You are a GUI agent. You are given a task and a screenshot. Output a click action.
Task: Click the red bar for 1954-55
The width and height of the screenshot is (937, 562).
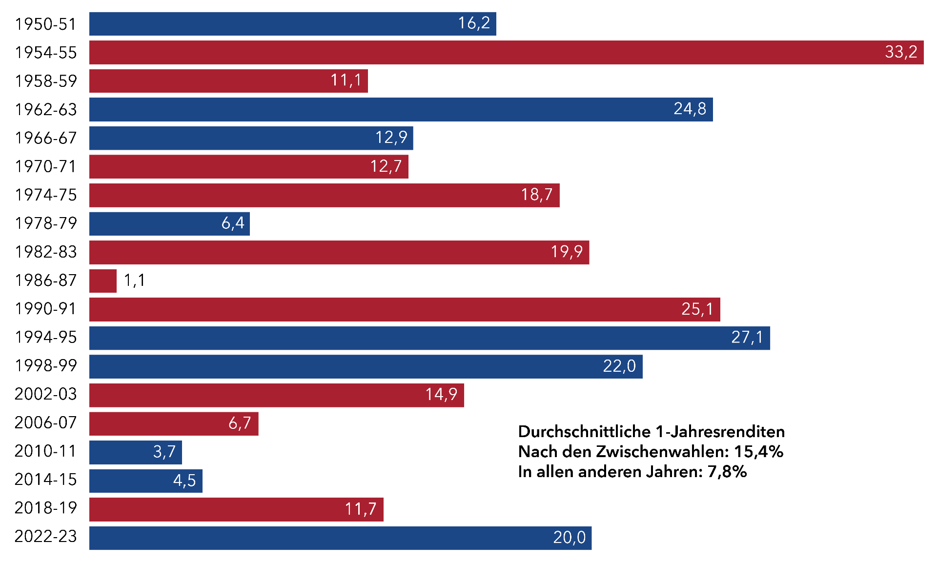(488, 52)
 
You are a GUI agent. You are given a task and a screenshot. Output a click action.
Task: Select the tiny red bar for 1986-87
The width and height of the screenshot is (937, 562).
(103, 281)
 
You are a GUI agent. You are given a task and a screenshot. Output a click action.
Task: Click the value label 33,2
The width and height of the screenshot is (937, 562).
(901, 52)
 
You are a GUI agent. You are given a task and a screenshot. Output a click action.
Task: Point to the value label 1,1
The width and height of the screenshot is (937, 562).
(134, 281)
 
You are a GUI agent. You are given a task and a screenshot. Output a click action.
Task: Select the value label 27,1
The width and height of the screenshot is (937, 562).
(747, 337)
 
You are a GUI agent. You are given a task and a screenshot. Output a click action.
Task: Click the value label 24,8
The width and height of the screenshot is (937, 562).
(690, 109)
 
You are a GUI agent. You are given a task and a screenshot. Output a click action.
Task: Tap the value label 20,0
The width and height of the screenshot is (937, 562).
(569, 538)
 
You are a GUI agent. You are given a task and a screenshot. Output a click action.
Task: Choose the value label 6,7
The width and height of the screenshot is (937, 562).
(240, 423)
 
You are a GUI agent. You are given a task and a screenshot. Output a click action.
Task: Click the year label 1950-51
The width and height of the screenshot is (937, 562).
(46, 24)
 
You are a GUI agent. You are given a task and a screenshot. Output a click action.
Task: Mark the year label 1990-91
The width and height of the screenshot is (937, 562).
(46, 309)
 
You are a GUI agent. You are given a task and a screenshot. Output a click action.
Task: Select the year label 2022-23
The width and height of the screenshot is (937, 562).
(46, 537)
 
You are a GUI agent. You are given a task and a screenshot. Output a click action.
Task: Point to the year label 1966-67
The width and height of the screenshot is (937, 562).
(46, 138)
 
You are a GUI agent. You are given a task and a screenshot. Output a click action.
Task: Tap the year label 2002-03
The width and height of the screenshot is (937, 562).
(46, 394)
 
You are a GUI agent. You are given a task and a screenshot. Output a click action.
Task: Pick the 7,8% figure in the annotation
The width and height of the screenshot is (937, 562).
(727, 472)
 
